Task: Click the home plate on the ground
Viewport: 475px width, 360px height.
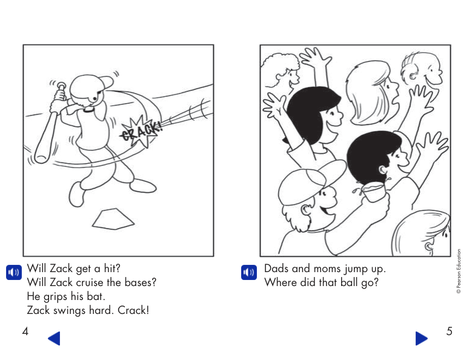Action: [x=113, y=219]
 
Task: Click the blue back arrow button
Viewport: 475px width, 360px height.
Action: [x=54, y=338]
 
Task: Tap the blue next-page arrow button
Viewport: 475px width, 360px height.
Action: [x=422, y=338]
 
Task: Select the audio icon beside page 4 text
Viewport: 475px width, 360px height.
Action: [x=13, y=272]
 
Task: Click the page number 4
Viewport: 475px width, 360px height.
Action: [x=25, y=332]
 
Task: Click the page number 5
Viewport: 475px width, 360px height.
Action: [x=449, y=332]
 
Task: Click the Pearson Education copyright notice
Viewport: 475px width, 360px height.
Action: [x=459, y=271]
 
